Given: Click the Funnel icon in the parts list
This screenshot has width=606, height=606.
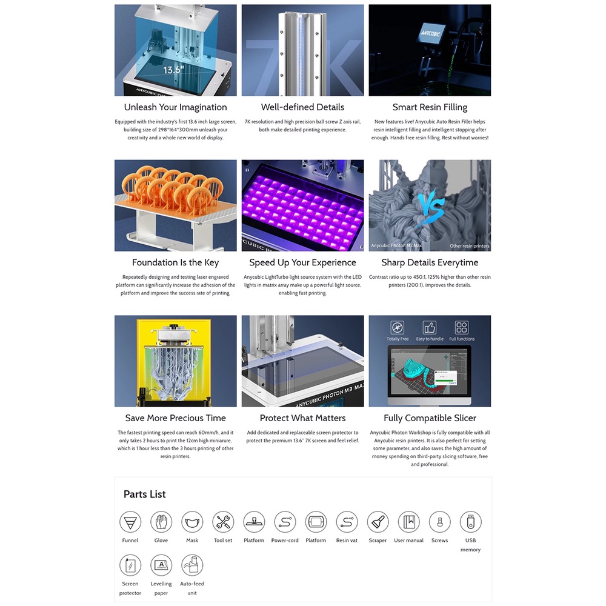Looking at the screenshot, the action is pyautogui.click(x=130, y=522).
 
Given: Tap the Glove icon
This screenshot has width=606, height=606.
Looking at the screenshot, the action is pyautogui.click(x=161, y=522).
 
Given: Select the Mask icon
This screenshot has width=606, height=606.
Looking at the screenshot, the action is pyautogui.click(x=192, y=522).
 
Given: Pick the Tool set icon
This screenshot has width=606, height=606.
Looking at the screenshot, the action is pyautogui.click(x=223, y=522).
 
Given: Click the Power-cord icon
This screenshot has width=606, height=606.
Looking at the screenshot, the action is pyautogui.click(x=285, y=522).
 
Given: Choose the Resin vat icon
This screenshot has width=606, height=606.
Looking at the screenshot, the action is pyautogui.click(x=347, y=522).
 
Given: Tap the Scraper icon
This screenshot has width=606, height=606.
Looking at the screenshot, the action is pyautogui.click(x=378, y=522).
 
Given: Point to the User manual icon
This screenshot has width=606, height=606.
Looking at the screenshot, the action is pyautogui.click(x=408, y=522).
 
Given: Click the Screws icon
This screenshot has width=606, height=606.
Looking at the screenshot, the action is pyautogui.click(x=439, y=522).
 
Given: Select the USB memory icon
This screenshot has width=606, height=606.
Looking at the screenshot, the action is pyautogui.click(x=470, y=522).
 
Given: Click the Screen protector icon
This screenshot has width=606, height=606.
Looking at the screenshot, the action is pyautogui.click(x=130, y=565).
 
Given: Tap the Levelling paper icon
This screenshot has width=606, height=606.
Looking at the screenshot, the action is pyautogui.click(x=161, y=565).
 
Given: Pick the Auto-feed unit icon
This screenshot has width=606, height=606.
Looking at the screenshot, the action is pyautogui.click(x=192, y=565).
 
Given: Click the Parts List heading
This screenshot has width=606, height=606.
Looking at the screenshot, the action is pyautogui.click(x=145, y=494).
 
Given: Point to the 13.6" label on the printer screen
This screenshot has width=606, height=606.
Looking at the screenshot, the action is pyautogui.click(x=173, y=70).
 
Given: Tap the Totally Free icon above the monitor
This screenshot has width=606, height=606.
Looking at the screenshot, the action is pyautogui.click(x=398, y=327).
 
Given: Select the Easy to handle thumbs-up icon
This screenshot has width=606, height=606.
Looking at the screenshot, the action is pyautogui.click(x=430, y=327).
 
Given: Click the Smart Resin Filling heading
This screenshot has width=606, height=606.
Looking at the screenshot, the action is pyautogui.click(x=430, y=107).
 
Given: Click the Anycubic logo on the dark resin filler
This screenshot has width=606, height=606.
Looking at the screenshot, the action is pyautogui.click(x=430, y=33).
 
